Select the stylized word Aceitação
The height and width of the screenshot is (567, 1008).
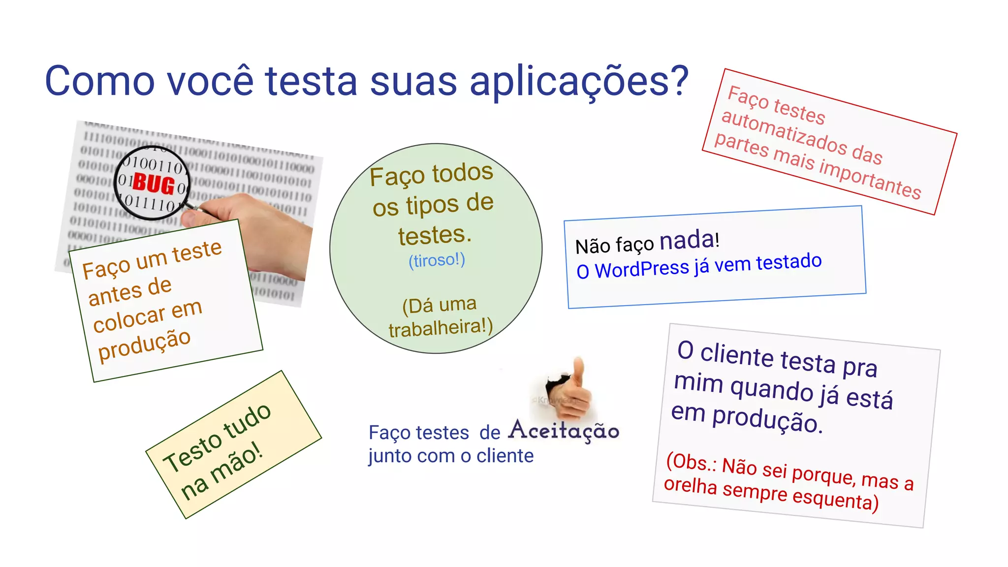click(x=564, y=431)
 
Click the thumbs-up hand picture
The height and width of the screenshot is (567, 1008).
click(x=571, y=389)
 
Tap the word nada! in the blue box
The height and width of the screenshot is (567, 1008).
click(x=689, y=240)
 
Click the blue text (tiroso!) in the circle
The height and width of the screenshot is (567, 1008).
click(x=437, y=260)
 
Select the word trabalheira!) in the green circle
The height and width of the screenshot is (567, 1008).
click(x=441, y=327)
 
